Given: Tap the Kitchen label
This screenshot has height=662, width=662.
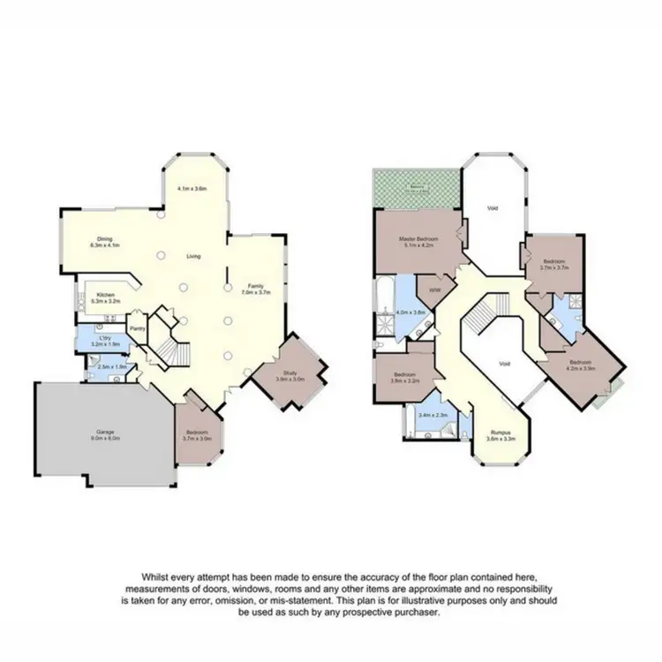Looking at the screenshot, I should tap(103, 295).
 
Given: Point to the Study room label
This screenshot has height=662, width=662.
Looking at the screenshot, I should tap(290, 372).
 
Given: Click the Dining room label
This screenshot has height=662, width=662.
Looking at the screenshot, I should tap(104, 239).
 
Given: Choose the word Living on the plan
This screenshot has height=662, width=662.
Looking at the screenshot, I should tap(193, 256).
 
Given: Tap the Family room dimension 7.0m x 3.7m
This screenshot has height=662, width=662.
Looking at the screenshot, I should tap(256, 292).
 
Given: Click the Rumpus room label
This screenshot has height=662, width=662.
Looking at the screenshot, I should tap(500, 433).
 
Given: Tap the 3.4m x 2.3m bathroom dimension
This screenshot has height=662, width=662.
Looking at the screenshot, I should tap(433, 415).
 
